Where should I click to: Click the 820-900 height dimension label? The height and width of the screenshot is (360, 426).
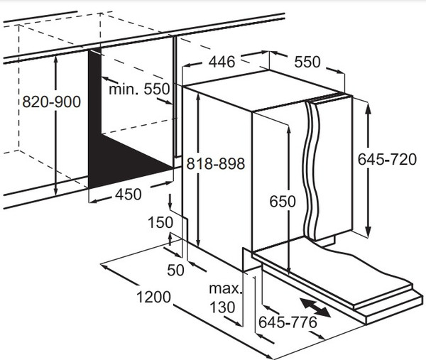pos(52,102)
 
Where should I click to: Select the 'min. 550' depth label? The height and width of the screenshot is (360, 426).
pos(139,89)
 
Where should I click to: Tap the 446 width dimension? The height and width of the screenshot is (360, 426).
pos(222,62)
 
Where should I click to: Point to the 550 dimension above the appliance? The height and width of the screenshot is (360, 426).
pos(307,62)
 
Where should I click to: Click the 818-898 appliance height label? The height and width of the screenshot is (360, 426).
pos(216,163)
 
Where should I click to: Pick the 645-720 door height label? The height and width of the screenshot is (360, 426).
pos(387,159)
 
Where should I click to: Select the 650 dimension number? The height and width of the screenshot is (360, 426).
pos(283,202)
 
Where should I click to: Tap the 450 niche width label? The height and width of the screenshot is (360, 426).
pos(129,195)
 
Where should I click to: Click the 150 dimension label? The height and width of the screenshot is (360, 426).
pos(160,222)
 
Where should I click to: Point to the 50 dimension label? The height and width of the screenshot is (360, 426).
pos(175,270)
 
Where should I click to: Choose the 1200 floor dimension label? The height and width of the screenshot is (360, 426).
pos(153,297)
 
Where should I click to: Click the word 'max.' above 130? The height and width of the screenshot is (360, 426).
pos(225,288)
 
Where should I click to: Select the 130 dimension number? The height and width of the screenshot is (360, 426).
pos(222,307)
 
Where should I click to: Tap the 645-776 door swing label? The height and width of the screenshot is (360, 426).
pos(288,322)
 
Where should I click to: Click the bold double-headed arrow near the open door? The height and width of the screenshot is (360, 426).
pos(315,307)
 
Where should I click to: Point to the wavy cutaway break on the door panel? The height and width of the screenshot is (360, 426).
pos(312,171)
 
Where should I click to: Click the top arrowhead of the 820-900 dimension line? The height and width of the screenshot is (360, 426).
pos(56,60)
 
